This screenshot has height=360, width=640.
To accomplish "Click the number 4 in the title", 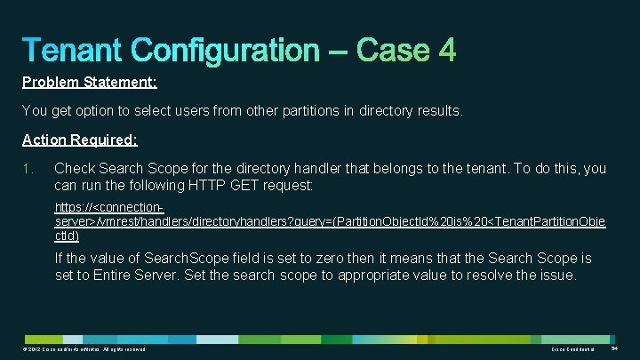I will (x=445, y=50).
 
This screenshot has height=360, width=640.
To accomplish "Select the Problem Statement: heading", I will (x=89, y=83).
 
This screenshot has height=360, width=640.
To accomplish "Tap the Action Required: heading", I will (x=80, y=140).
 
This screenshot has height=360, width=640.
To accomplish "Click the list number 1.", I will (x=27, y=168).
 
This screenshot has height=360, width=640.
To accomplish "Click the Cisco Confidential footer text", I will (x=572, y=352).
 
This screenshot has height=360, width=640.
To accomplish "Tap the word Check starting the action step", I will (x=76, y=168).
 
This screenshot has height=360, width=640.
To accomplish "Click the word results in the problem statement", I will (x=437, y=111).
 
